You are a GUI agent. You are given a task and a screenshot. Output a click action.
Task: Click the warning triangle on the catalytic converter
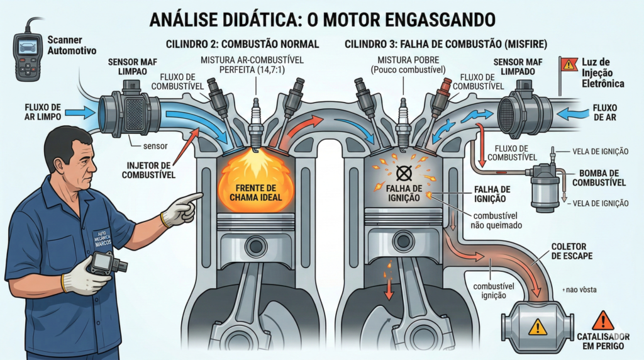click(538, 326)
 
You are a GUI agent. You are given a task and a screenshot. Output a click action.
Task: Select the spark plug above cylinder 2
click(255, 122)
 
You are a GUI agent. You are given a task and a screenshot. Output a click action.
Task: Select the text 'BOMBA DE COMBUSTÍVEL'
click(600, 177)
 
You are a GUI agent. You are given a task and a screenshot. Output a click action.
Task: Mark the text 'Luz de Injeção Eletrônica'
click(602, 73)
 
